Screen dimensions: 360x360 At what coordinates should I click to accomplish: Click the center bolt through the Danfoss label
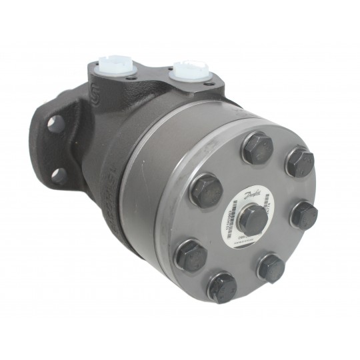point(252,218)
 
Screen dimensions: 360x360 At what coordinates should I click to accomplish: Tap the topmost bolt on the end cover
point(256,147)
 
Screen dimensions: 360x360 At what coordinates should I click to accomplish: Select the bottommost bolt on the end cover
point(222,287)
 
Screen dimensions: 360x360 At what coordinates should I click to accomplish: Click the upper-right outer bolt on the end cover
point(299,162)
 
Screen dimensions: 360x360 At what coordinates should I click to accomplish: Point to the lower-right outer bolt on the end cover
point(271,267)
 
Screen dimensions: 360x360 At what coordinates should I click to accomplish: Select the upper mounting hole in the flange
point(57,124)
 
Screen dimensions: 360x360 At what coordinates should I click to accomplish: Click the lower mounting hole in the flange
point(59,175)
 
